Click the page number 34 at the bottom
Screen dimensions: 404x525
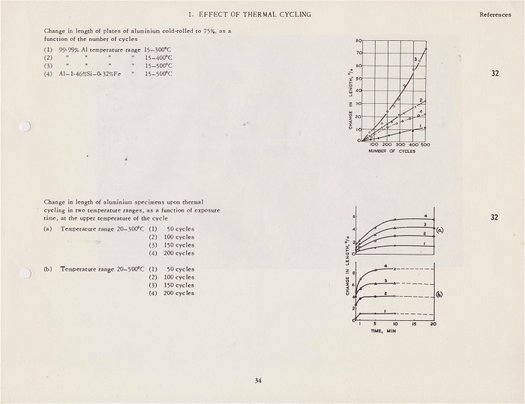(258, 381)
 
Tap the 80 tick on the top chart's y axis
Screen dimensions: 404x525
(360, 41)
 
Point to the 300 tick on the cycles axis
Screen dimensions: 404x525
(400, 145)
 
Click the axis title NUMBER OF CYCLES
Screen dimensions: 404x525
(391, 151)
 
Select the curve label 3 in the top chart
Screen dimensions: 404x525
(415, 60)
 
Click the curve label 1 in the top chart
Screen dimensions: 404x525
(420, 125)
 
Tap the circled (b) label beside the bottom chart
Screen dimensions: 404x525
(439, 293)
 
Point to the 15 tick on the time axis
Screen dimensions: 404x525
(414, 324)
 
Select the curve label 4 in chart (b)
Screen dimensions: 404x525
(386, 267)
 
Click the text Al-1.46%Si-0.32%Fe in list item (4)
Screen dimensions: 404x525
(93, 74)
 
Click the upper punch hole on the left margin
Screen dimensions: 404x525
(25, 126)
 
